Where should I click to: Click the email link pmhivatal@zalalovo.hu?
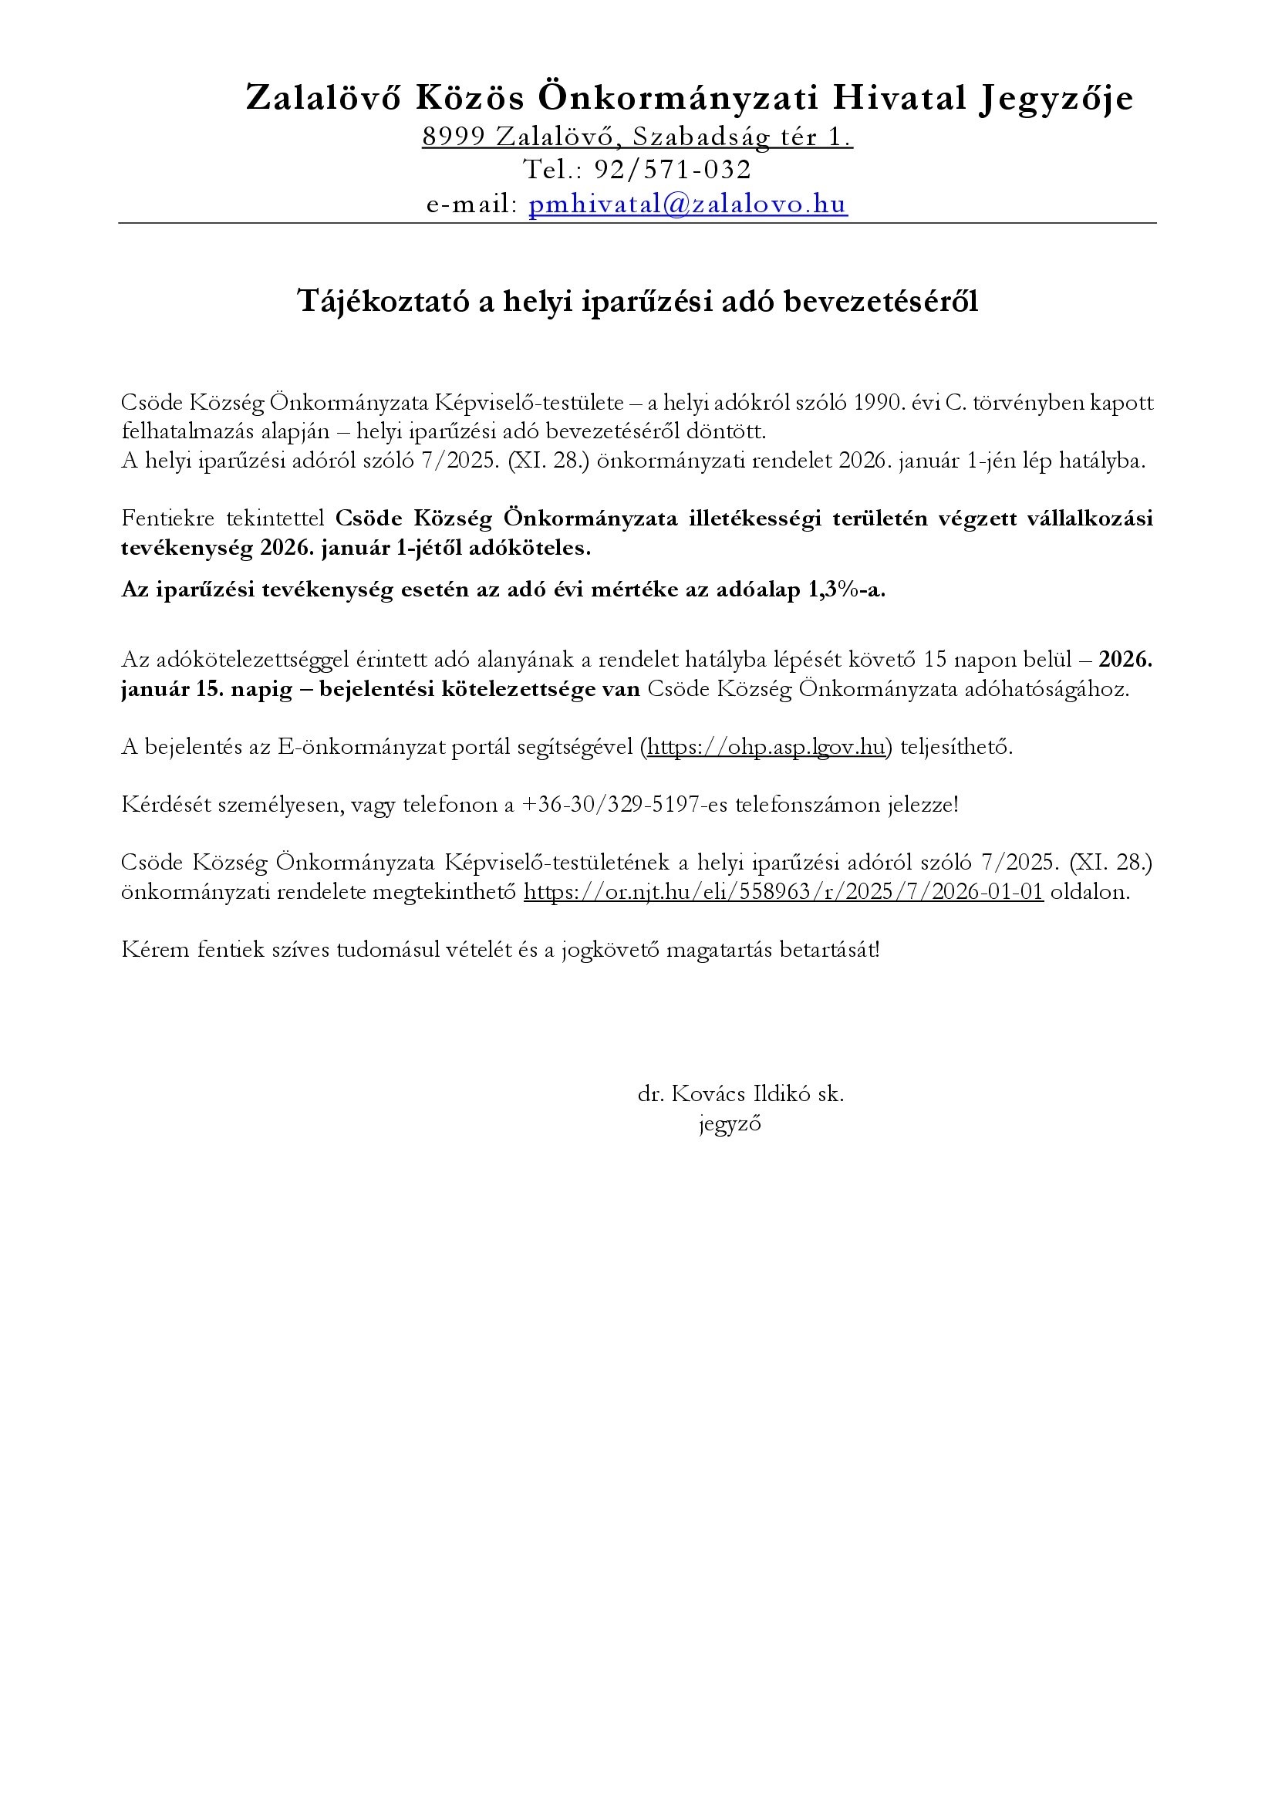point(688,204)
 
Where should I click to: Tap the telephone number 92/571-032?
point(673,170)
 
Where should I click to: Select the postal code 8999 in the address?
point(454,137)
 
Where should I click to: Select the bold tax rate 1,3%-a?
point(846,590)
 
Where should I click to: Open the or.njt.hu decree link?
point(783,892)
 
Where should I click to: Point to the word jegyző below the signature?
point(730,1123)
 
